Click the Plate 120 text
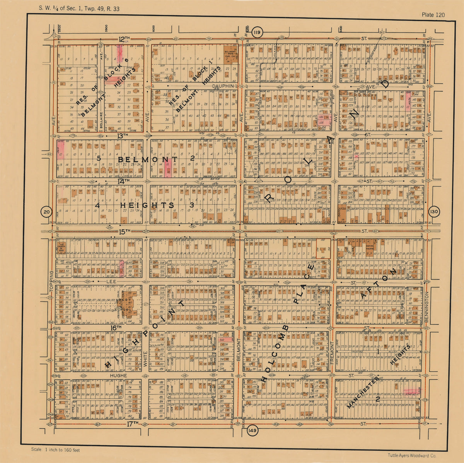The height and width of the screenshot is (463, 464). pos(433,15)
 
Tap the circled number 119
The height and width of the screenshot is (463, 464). pos(256,33)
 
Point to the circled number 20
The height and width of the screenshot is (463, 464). pos(46,212)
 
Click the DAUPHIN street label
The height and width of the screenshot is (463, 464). pos(223,86)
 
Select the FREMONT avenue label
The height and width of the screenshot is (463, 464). pos(332,353)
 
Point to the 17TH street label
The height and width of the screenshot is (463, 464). pos(132,424)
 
